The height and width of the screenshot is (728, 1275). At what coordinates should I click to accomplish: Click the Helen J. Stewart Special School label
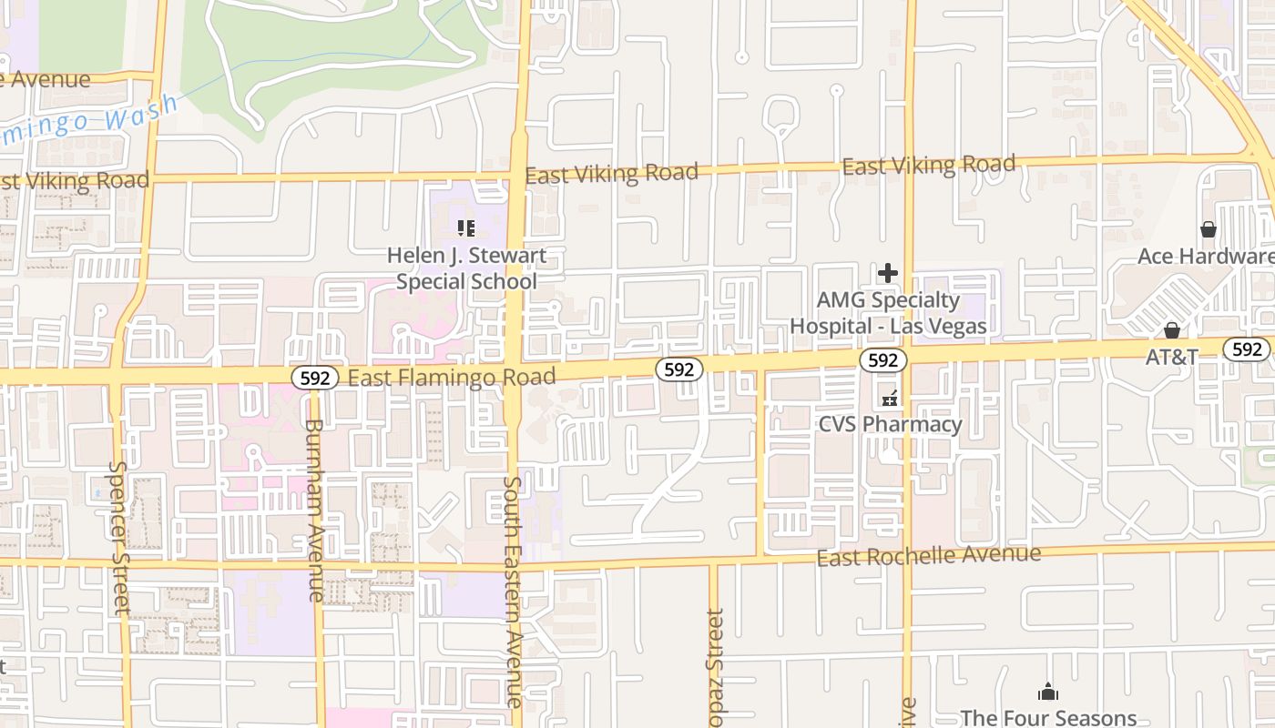(x=466, y=268)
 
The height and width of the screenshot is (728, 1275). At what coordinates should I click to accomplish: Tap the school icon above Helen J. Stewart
(x=466, y=228)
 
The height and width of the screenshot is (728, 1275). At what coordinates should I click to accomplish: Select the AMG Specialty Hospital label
(x=888, y=313)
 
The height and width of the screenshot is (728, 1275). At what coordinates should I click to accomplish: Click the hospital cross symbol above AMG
(x=888, y=273)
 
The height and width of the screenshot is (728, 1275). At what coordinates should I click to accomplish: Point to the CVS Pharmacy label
(x=890, y=424)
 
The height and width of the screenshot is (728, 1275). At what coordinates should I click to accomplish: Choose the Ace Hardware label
(x=1205, y=257)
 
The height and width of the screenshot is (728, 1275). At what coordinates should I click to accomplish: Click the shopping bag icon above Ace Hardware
(x=1209, y=229)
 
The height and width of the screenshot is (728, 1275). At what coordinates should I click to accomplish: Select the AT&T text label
(x=1172, y=357)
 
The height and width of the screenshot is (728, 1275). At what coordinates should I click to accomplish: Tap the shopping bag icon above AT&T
(x=1172, y=329)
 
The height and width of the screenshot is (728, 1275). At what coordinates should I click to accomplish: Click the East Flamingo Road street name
(x=452, y=378)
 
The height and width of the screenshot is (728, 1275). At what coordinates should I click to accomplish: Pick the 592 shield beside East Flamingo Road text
(x=315, y=378)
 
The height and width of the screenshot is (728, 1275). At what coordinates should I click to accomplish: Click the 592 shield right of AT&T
(x=1247, y=349)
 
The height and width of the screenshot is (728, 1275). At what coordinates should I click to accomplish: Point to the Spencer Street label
(x=118, y=537)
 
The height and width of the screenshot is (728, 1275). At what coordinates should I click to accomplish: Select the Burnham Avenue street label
(x=314, y=510)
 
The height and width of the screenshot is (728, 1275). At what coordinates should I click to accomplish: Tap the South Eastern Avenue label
(x=513, y=591)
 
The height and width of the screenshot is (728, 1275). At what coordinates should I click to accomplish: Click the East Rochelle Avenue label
(x=928, y=555)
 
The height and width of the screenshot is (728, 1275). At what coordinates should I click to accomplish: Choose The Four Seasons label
(x=1048, y=718)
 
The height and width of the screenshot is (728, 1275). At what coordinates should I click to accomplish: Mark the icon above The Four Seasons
(x=1048, y=693)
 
